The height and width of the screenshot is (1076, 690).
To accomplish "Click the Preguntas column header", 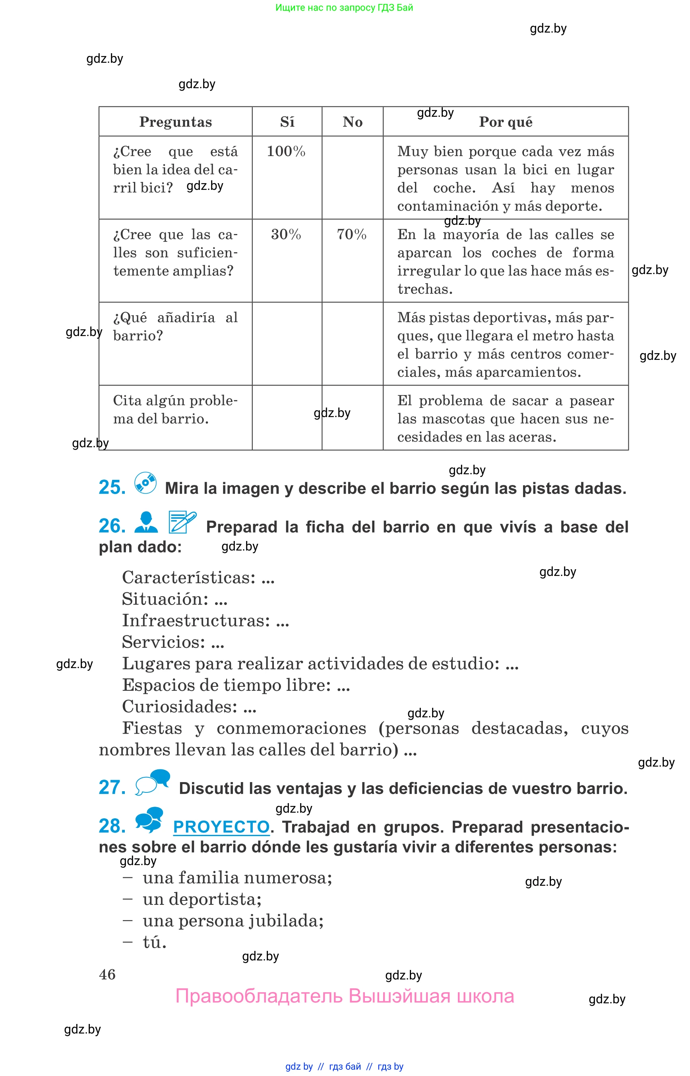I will click(x=175, y=122).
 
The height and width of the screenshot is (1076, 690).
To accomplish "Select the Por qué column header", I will click(x=506, y=122).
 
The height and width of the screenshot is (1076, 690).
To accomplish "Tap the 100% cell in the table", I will click(x=286, y=151).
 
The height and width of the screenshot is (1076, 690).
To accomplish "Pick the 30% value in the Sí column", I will click(x=286, y=234).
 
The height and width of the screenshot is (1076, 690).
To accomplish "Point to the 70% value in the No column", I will click(x=352, y=234).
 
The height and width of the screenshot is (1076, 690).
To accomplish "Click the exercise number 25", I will click(x=112, y=487).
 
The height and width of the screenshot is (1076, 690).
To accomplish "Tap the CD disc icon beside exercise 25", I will click(x=145, y=483).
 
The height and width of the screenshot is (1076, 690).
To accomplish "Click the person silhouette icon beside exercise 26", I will click(x=146, y=522).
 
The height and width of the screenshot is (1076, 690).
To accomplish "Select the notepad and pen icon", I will click(x=182, y=522).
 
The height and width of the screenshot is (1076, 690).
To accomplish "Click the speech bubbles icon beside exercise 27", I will click(x=153, y=782).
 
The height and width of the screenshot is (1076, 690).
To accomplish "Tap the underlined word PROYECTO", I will click(x=221, y=827).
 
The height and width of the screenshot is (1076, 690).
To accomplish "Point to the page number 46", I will click(x=107, y=974).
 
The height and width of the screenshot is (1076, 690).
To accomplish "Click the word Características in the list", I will click(x=188, y=578).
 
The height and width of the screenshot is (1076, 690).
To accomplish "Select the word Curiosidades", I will click(x=179, y=707).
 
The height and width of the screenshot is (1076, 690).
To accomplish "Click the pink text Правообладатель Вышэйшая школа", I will click(x=345, y=996).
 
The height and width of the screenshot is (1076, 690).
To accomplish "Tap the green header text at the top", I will click(x=344, y=8).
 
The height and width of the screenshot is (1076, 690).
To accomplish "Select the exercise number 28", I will click(x=112, y=826).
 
